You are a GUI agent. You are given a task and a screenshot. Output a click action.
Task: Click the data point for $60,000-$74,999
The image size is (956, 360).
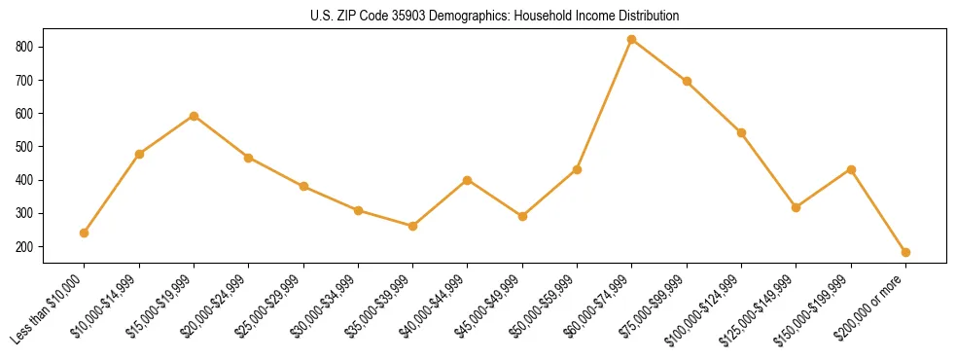pyautogui.click(x=632, y=40)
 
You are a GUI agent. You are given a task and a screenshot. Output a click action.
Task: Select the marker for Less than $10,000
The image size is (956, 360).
pyautogui.click(x=84, y=233)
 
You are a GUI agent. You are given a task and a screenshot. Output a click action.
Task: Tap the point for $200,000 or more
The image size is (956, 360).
pyautogui.click(x=905, y=252)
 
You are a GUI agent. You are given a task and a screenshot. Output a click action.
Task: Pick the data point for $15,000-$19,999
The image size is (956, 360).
pyautogui.click(x=194, y=116)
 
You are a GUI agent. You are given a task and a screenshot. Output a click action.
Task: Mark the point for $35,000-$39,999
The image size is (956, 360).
pyautogui.click(x=412, y=226)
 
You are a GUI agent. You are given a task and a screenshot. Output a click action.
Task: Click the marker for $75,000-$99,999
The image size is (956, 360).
pyautogui.click(x=687, y=81)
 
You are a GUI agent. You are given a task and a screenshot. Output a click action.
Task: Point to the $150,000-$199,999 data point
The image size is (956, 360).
pyautogui.click(x=851, y=169)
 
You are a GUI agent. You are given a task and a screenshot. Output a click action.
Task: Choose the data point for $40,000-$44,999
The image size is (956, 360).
pyautogui.click(x=468, y=180)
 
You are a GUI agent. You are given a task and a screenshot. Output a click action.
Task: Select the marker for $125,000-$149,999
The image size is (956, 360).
pyautogui.click(x=796, y=207)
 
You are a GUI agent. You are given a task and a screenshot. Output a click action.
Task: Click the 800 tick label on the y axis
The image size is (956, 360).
pyautogui.click(x=25, y=47)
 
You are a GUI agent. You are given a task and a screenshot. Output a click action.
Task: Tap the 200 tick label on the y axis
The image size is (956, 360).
pyautogui.click(x=25, y=247)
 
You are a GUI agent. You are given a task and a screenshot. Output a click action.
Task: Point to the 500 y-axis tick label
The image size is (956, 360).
pyautogui.click(x=25, y=147)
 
